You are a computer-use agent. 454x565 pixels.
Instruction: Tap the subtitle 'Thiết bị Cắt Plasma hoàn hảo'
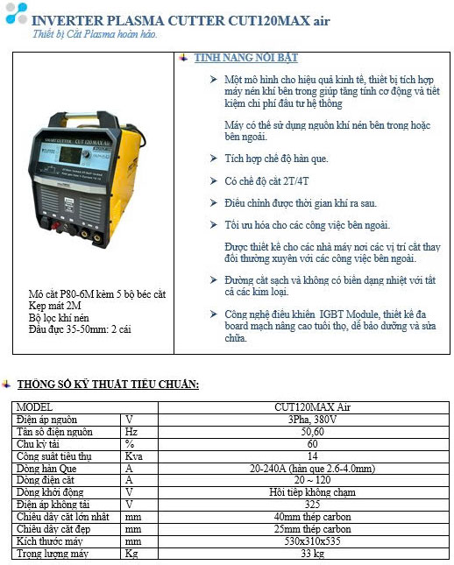[95, 34]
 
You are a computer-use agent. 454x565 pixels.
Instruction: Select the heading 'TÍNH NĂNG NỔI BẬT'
[246, 58]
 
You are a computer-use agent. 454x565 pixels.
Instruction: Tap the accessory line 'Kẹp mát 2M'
[54, 306]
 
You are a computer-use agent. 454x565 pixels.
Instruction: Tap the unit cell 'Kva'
[133, 456]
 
